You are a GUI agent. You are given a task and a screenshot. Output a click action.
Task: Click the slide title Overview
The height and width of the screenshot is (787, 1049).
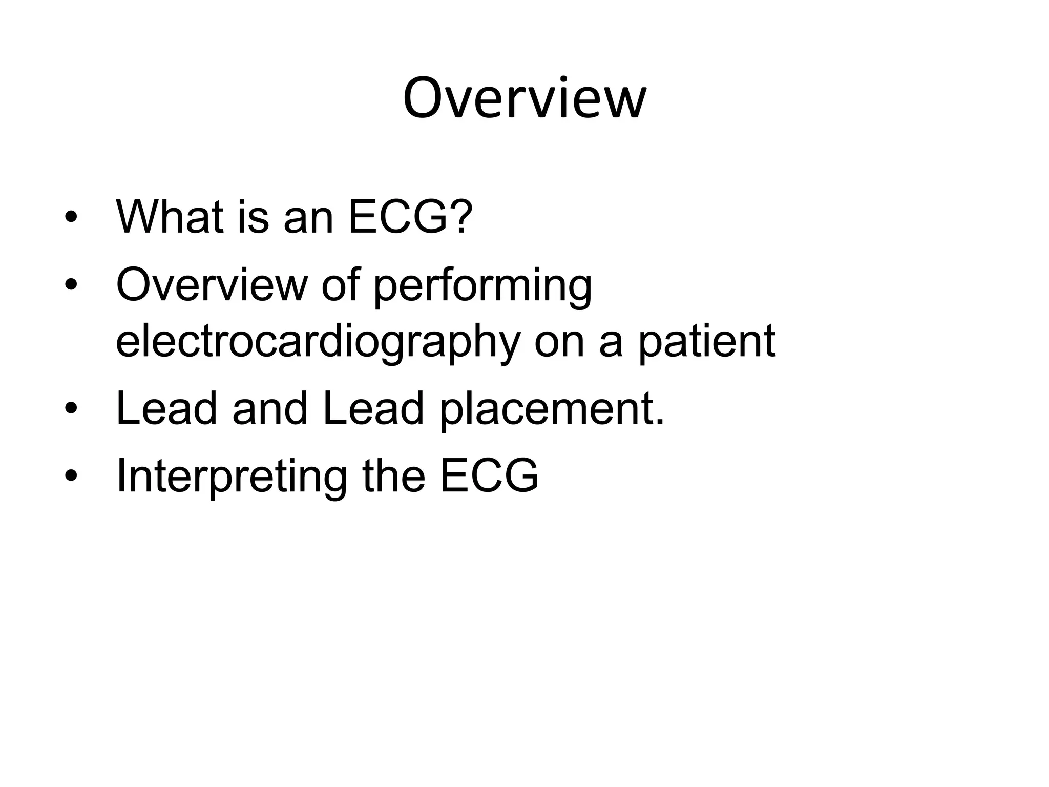tap(524, 98)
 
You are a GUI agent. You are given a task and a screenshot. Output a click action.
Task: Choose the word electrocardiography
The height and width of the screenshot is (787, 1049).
tap(318, 342)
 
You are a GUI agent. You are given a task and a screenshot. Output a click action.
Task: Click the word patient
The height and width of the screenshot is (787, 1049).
tap(707, 342)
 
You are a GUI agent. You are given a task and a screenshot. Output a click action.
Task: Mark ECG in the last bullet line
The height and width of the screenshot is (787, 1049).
tap(489, 475)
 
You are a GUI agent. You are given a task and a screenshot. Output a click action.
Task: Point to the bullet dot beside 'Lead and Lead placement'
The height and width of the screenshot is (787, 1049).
tap(71, 410)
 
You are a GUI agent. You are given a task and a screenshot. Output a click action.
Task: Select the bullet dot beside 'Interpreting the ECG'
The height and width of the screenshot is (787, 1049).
tap(71, 477)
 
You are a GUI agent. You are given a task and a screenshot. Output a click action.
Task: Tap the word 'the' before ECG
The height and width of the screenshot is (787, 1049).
tap(394, 475)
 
